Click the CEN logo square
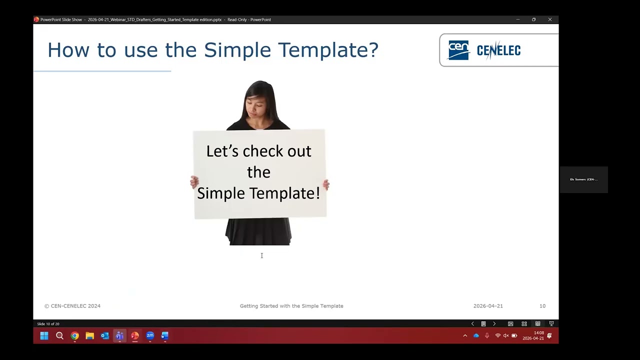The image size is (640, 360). pyautogui.click(x=458, y=50)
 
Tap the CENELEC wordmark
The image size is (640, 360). pyautogui.click(x=498, y=50)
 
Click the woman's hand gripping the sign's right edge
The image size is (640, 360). pyautogui.click(x=326, y=185)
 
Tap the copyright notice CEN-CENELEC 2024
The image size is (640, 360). pyautogui.click(x=72, y=306)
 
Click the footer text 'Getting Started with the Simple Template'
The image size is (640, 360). pyautogui.click(x=291, y=306)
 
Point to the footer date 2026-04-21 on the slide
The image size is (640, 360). pyautogui.click(x=488, y=306)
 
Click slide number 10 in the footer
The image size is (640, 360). pyautogui.click(x=542, y=306)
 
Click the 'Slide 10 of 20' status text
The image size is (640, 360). pyautogui.click(x=48, y=324)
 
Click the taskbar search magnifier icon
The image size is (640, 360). pyautogui.click(x=59, y=336)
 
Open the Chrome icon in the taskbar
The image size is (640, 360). pyautogui.click(x=74, y=336)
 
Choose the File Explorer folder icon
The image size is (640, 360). pyautogui.click(x=89, y=336)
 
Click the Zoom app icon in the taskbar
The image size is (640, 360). pyautogui.click(x=150, y=336)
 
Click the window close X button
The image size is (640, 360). pyautogui.click(x=550, y=19)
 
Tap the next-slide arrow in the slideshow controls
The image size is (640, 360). pyautogui.click(x=494, y=324)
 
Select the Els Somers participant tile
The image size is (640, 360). pyautogui.click(x=583, y=179)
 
